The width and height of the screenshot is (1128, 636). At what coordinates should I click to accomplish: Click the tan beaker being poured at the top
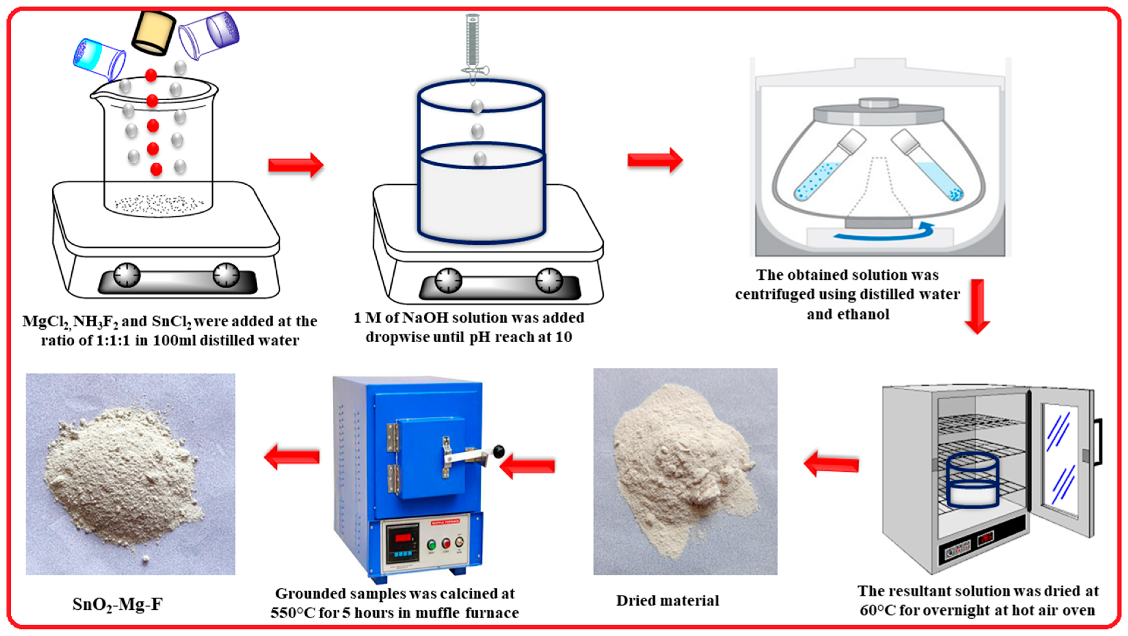point(154,33)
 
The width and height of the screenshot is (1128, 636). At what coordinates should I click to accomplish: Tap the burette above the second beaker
point(473,44)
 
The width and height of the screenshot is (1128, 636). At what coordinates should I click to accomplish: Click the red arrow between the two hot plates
point(296,165)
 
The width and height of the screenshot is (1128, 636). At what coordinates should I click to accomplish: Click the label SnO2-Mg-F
point(117,605)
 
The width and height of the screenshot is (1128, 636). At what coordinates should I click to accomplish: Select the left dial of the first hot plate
point(127,275)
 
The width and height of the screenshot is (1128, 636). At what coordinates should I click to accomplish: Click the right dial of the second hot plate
point(549,280)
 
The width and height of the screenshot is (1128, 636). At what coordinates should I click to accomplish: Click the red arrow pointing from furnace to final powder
point(292,457)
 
